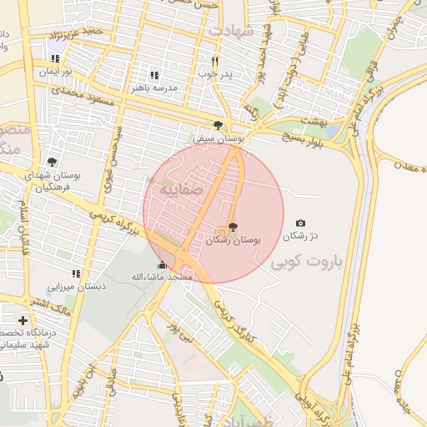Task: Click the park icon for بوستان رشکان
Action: coord(232,227)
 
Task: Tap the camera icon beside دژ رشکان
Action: coord(300,224)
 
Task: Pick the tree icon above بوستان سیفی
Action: coord(218,125)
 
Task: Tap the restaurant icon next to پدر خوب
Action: coord(214,61)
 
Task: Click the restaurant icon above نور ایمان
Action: coord(55,58)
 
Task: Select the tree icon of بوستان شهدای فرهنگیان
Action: coord(53,162)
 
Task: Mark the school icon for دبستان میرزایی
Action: coord(76,274)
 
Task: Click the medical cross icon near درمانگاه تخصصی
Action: coord(23,320)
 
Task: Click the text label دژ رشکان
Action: coord(301,237)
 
